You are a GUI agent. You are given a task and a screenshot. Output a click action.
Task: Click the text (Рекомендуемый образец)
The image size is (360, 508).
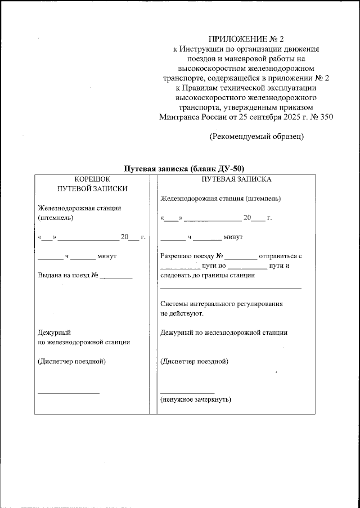pos(256,137)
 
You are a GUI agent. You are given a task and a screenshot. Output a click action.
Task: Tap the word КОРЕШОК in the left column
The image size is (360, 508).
pos(92,179)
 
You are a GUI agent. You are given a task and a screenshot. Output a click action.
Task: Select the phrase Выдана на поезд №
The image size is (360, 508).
pos(68,276)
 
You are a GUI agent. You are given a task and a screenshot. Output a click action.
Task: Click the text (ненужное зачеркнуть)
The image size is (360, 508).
pos(195,399)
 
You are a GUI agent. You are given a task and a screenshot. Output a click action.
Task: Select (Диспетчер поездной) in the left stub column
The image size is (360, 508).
pos(71,361)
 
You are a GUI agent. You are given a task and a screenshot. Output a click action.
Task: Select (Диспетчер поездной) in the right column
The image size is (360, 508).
pos(194,361)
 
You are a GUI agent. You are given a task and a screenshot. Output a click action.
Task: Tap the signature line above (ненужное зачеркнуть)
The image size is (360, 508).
pos(187,392)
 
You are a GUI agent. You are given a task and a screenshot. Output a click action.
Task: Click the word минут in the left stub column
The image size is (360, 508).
pos(106,257)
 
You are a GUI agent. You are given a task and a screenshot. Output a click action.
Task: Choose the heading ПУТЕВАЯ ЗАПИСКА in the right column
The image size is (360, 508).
pos(236,179)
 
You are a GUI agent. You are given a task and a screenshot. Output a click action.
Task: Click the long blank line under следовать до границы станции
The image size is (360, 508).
pos(231,287)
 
